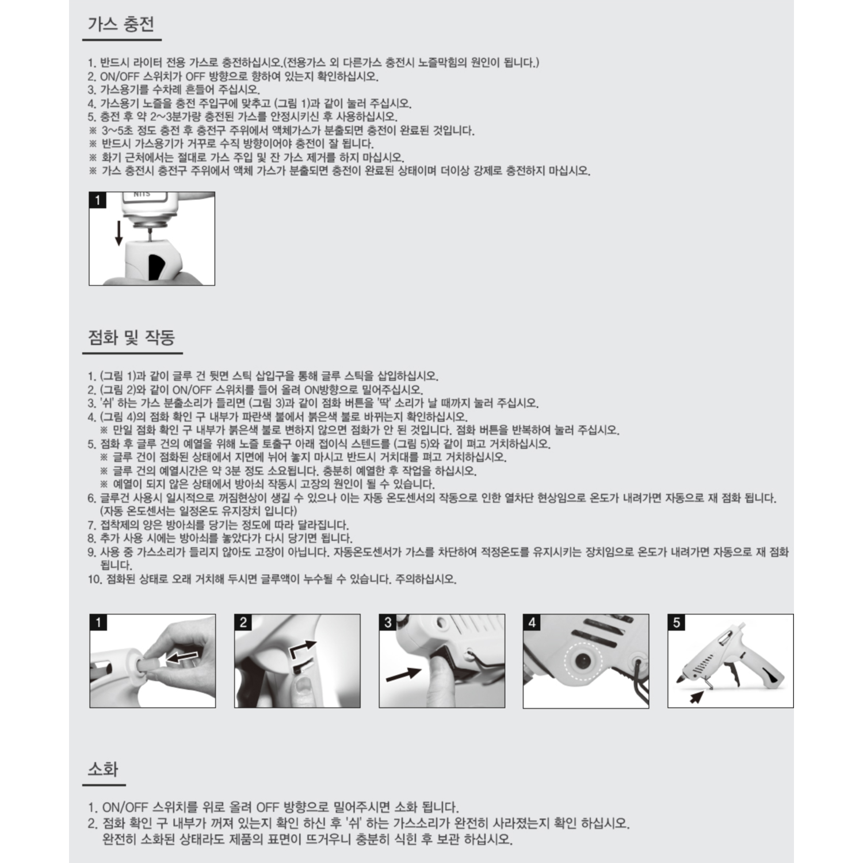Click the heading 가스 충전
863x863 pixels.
[x=121, y=25]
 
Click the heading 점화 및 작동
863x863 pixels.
[x=131, y=337]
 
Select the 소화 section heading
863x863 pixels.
[x=103, y=769]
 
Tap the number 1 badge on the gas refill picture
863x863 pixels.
[x=98, y=200]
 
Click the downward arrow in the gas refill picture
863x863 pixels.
[x=119, y=232]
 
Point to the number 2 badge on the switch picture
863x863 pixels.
[x=243, y=623]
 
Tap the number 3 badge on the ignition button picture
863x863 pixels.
[x=388, y=623]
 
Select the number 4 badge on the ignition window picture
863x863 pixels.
[x=532, y=623]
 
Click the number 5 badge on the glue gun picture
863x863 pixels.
[x=677, y=623]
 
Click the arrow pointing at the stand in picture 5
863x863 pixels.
[x=697, y=697]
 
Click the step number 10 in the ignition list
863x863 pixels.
[x=94, y=579]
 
